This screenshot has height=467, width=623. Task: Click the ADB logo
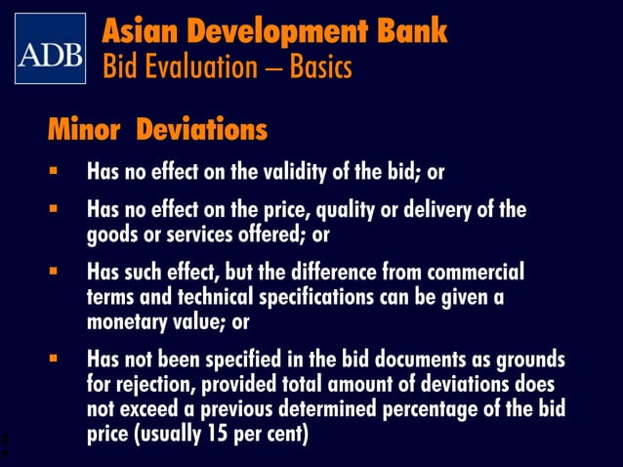click(x=50, y=49)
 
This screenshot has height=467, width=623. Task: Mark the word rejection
click(x=155, y=384)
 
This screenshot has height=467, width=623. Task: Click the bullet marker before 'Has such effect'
click(x=55, y=271)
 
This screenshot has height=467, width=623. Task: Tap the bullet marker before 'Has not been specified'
click(x=55, y=359)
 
